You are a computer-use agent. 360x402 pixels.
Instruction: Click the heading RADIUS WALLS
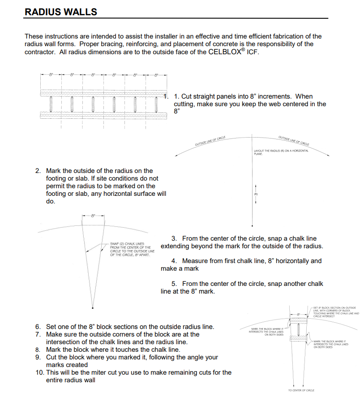[x=61, y=12]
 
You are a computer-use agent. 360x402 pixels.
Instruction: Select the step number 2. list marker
[x=38, y=171]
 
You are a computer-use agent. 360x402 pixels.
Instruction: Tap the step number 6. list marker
[x=38, y=327]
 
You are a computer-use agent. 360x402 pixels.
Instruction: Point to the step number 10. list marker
[x=39, y=372]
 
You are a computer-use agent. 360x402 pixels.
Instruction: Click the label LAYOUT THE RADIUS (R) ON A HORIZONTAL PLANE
[x=281, y=152]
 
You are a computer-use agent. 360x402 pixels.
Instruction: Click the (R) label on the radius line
[x=257, y=195]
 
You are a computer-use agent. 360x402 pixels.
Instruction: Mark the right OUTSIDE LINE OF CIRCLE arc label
[x=293, y=140]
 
